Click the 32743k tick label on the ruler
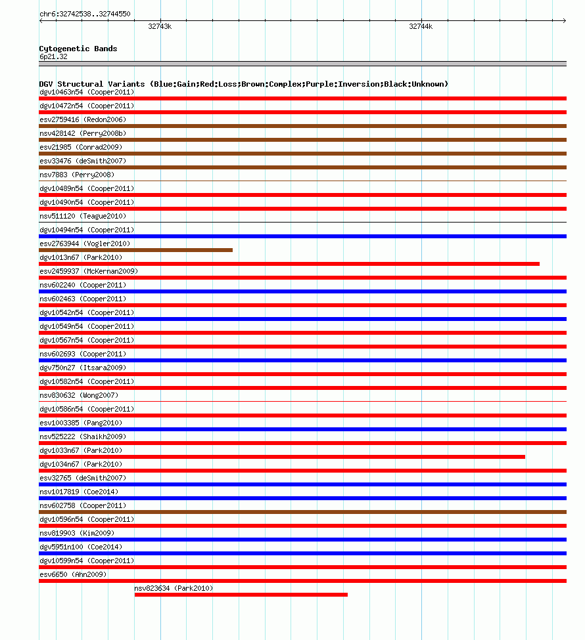pos(160,26)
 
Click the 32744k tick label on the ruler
pos(421,26)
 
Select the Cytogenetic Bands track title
pos(78,49)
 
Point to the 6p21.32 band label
pos(53,56)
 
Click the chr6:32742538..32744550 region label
pos(85,14)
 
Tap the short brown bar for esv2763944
pos(135,250)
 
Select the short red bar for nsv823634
pos(241,595)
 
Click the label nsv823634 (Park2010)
pos(174,588)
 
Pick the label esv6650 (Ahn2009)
pos(73,574)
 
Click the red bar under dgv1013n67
pos(289,264)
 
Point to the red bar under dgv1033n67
pos(282,457)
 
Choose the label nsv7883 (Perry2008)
pos(77,175)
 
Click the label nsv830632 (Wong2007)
pos(79,395)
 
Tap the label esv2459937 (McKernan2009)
pos(89,271)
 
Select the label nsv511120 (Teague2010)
pos(83,216)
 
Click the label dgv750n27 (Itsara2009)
pos(83,368)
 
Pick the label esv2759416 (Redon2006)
pos(83,119)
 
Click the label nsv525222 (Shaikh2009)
pos(83,437)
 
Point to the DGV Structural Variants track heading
pos(243,84)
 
